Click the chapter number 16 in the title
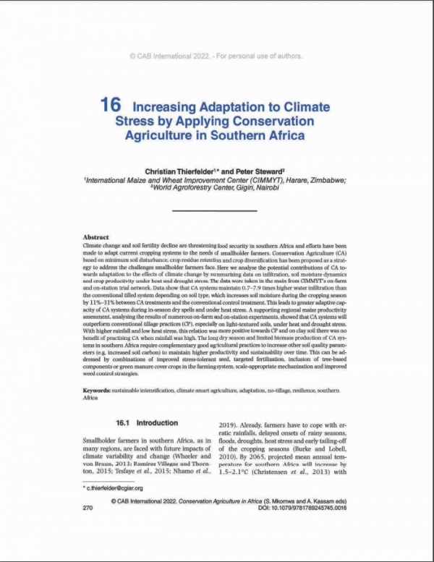click(110, 105)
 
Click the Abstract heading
click(95, 237)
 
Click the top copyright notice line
click(216, 56)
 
